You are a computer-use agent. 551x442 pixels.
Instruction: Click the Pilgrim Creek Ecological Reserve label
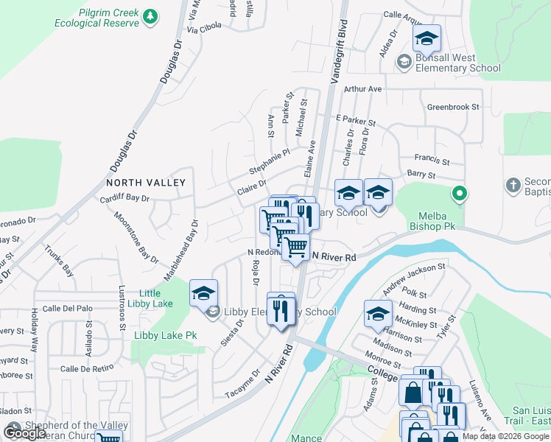tap(96, 18)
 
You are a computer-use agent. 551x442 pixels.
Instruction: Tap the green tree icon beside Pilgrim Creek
tap(150, 16)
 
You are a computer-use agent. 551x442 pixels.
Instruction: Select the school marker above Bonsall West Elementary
tap(426, 38)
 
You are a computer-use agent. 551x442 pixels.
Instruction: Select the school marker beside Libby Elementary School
tap(203, 292)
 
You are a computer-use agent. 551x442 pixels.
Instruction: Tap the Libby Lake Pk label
tap(165, 335)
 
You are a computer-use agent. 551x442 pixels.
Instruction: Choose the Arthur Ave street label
tap(363, 88)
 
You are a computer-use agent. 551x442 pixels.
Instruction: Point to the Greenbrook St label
tap(453, 107)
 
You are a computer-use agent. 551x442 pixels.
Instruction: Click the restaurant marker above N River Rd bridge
tap(280, 309)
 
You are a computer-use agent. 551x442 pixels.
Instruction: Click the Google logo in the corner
tap(25, 432)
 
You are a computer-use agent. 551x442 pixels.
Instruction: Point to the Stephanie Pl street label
tap(269, 161)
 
